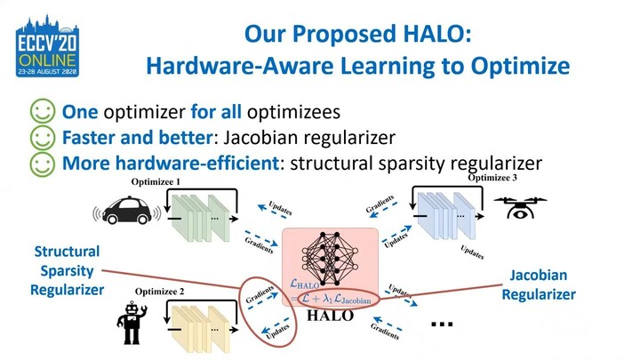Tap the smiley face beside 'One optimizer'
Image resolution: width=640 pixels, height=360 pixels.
(41, 112)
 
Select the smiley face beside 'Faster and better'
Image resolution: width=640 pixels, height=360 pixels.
(41, 138)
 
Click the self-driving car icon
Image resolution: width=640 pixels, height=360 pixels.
(127, 211)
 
